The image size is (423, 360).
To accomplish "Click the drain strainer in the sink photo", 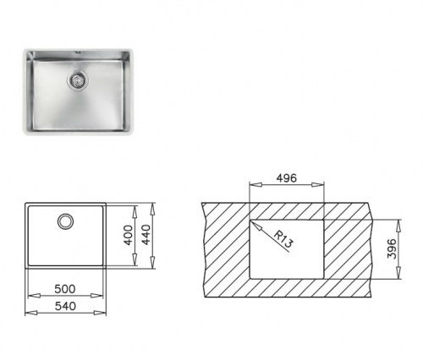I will click(x=79, y=80).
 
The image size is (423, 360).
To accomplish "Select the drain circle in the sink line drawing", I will click(x=65, y=222).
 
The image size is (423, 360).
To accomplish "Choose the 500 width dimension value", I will click(x=65, y=286).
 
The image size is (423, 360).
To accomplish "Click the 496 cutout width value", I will click(x=287, y=179).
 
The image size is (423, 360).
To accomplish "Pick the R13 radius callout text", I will click(x=284, y=238).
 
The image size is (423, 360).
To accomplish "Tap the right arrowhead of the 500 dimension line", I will click(x=102, y=295).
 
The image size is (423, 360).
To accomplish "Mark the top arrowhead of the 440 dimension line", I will click(x=154, y=205).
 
